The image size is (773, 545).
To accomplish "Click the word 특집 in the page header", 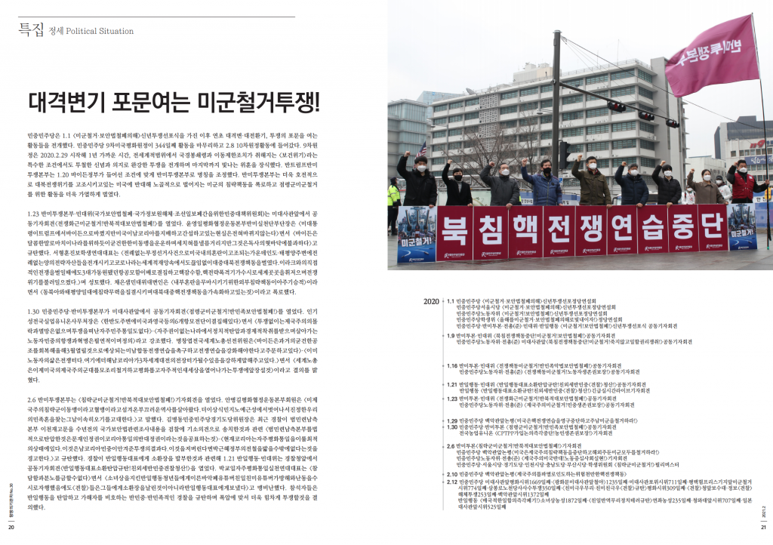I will pyautogui.click(x=31, y=30).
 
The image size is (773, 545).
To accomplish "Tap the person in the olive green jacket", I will pyautogui.click(x=591, y=183).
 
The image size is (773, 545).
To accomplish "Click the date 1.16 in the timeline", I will pyautogui.click(x=452, y=365).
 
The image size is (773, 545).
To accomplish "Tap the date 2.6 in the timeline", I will pyautogui.click(x=451, y=446).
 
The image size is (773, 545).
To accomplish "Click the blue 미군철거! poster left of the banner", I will pyautogui.click(x=416, y=235).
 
